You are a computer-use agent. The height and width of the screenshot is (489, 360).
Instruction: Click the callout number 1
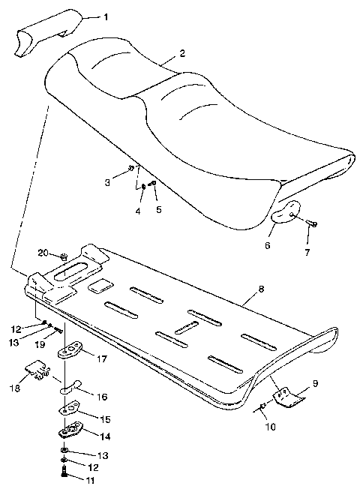point(105,16)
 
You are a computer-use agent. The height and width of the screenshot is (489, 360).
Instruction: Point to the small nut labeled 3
point(131,169)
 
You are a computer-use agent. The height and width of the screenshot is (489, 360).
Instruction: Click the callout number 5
point(157,210)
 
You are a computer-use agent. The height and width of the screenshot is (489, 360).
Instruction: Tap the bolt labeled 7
point(313,223)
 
